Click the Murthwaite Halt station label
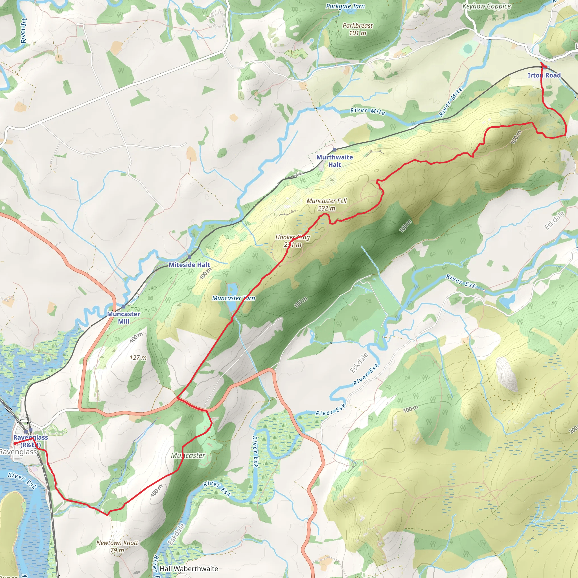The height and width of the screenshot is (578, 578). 334,161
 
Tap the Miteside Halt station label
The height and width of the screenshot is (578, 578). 189,265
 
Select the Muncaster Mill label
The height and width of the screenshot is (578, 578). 124,318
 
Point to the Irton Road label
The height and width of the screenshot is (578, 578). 544,75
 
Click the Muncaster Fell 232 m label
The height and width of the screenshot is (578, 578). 327,204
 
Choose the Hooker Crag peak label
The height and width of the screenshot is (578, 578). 293,241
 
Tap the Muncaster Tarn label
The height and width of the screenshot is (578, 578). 233,298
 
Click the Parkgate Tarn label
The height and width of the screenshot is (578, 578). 345,6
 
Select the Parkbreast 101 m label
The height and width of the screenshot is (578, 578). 358,29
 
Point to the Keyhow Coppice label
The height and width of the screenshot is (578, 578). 487,6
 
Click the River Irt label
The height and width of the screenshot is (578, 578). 24,30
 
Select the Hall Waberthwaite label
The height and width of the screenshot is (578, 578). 189,568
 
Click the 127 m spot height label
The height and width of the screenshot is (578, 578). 138,358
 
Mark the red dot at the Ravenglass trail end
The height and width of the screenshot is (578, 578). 15,443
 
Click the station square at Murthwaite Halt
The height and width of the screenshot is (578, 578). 334,150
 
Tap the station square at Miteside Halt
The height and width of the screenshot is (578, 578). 189,257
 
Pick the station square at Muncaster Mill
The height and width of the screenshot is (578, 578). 124,307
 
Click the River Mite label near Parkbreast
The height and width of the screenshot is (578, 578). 368,111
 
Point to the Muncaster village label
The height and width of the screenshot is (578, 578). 188,455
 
